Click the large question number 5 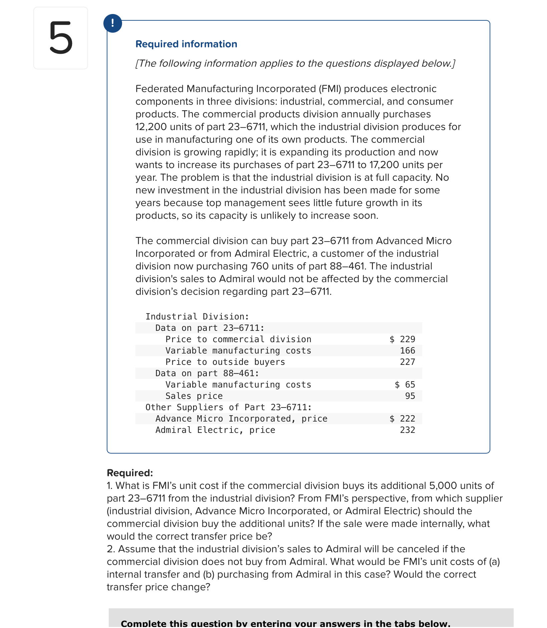click(x=61, y=38)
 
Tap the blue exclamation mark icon click(x=113, y=23)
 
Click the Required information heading click(x=186, y=44)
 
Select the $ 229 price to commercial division click(x=402, y=339)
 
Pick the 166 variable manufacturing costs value click(x=407, y=351)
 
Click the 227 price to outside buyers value click(x=407, y=362)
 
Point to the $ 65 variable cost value click(x=405, y=385)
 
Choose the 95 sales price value click(x=410, y=396)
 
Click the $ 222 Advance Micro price click(x=402, y=419)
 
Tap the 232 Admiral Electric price click(x=407, y=430)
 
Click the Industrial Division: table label click(x=197, y=317)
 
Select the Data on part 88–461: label click(x=207, y=373)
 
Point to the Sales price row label click(x=194, y=396)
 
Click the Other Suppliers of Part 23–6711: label click(x=228, y=407)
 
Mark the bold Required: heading click(x=130, y=473)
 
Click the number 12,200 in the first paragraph click(x=151, y=127)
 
